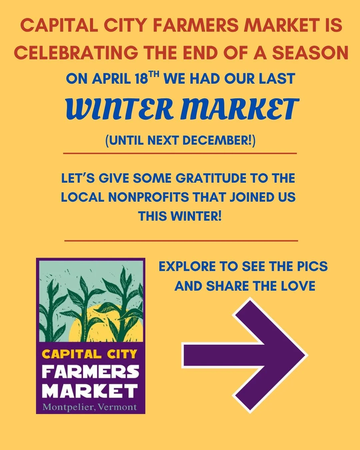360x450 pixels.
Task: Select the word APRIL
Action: pyautogui.click(x=111, y=79)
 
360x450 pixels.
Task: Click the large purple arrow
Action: pyautogui.click(x=245, y=355)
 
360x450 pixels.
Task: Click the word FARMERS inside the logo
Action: pyautogui.click(x=90, y=372)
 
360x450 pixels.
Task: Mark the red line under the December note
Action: pyautogui.click(x=180, y=154)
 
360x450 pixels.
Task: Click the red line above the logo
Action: pyautogui.click(x=181, y=240)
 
